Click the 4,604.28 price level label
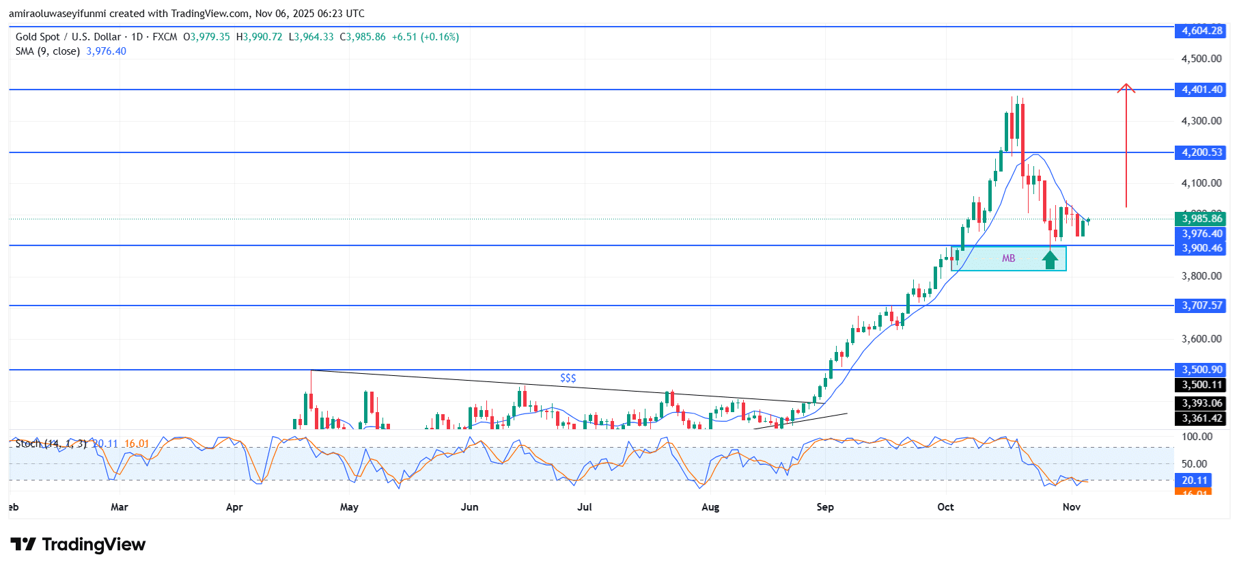coord(1201,31)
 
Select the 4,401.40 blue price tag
coord(1201,90)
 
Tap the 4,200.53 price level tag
coord(1201,152)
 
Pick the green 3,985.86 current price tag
coord(1201,219)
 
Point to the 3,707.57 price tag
coord(1201,306)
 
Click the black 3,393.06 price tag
coord(1201,403)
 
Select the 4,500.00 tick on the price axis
coord(1201,59)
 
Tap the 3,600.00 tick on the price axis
coord(1201,339)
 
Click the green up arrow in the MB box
coord(1050,259)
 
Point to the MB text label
coord(1008,258)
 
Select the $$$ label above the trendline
coord(568,378)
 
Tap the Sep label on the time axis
coord(825,507)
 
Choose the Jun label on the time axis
coord(469,507)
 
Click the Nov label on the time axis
coord(1071,507)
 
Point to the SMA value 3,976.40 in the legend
coord(106,51)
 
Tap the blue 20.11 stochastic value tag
coord(1195,480)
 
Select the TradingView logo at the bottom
coord(78,545)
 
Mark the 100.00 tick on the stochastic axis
coord(1197,437)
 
